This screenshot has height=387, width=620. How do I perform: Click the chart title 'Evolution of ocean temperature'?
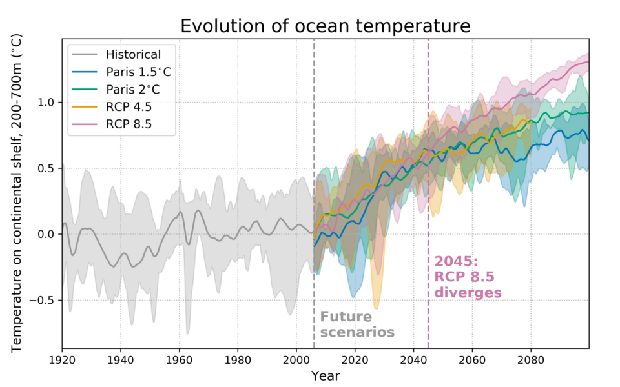(325, 26)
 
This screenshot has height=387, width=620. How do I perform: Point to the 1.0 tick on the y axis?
(47, 103)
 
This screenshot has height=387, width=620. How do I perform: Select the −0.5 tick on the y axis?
(44, 301)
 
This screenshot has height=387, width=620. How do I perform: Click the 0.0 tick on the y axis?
(47, 234)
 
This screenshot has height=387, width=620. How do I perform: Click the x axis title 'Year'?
(325, 375)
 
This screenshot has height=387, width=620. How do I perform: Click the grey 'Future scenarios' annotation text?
(356, 324)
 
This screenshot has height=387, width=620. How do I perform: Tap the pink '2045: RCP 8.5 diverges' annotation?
(468, 277)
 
